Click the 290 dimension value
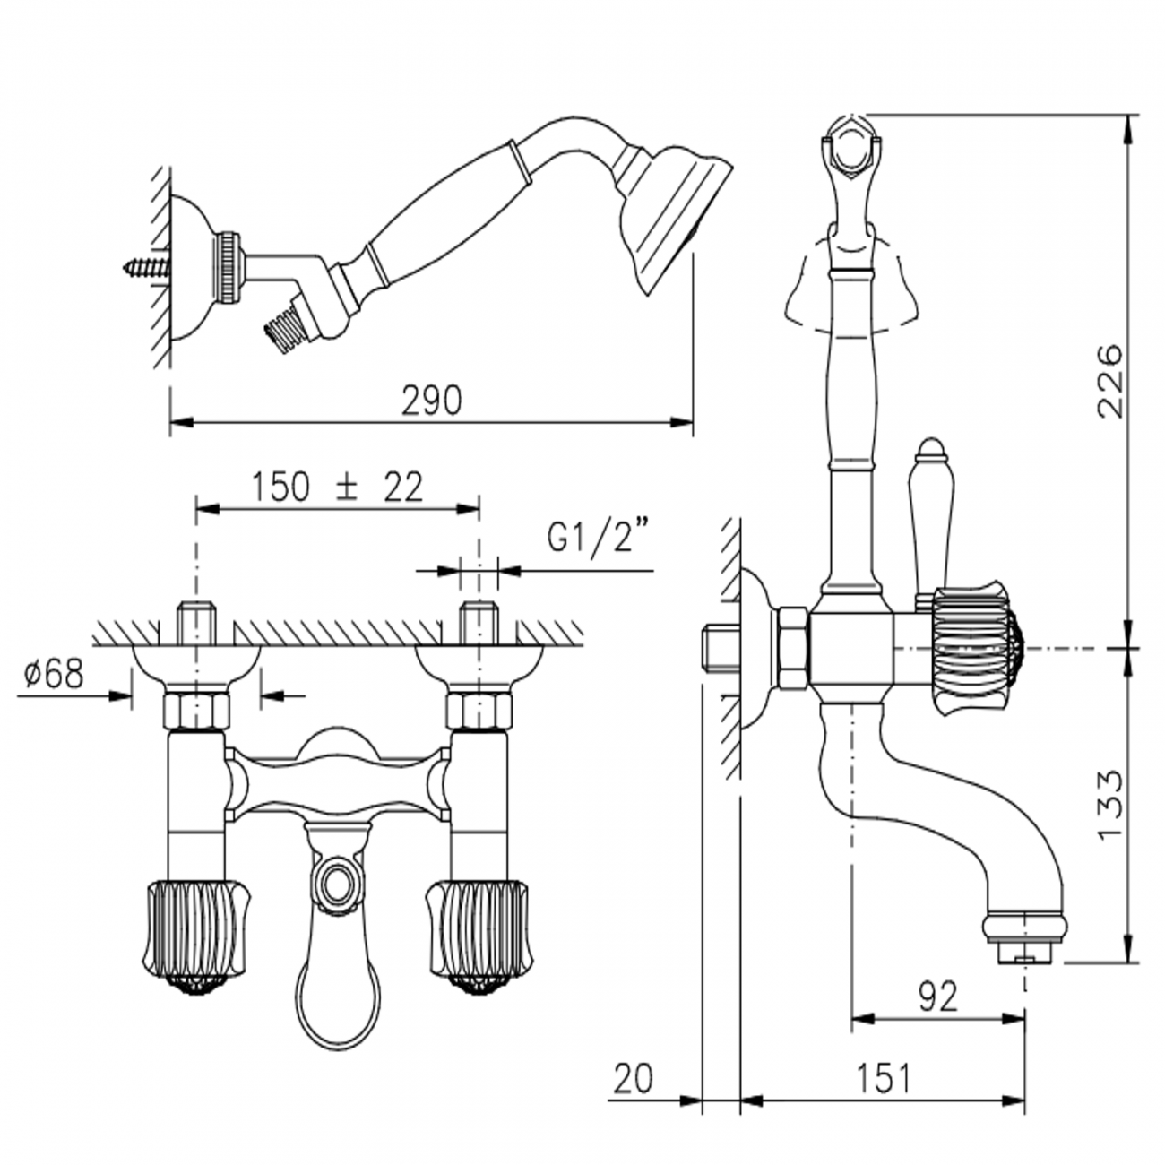pyautogui.click(x=432, y=400)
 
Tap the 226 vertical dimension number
pyautogui.click(x=1110, y=382)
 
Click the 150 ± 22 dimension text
pyautogui.click(x=337, y=488)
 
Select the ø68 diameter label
pyautogui.click(x=54, y=673)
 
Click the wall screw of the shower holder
pyautogui.click(x=145, y=266)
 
